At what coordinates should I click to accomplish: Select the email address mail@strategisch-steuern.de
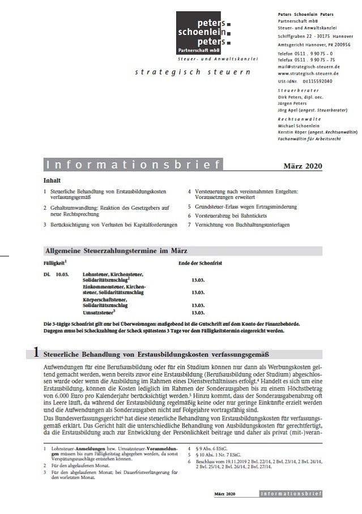coord(309,66)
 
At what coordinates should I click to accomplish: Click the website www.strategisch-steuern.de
coord(309,74)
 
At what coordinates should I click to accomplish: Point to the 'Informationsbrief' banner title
coord(133,165)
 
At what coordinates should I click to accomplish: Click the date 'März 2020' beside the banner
coord(303,166)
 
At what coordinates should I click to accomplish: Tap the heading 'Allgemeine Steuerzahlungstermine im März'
coord(116,250)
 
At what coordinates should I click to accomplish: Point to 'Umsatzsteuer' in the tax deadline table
coord(97,312)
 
